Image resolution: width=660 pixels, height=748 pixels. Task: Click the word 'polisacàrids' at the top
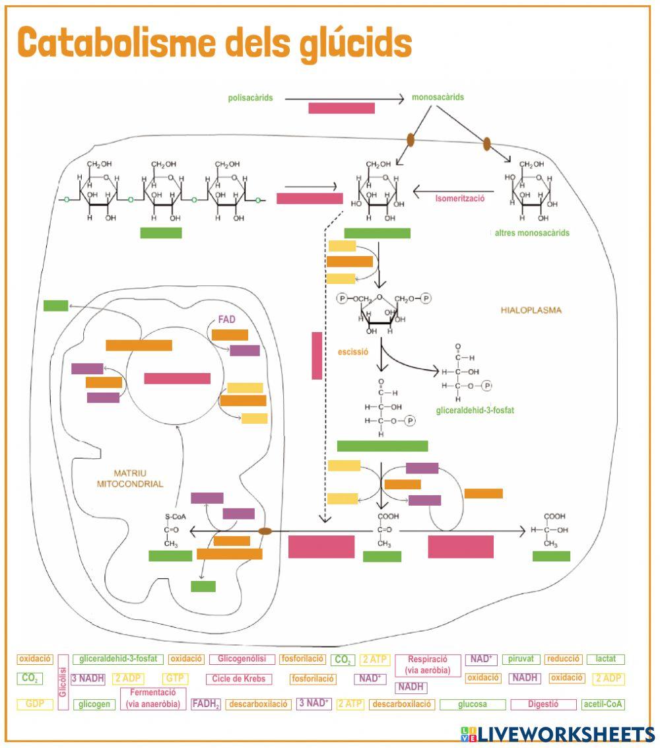pos(250,98)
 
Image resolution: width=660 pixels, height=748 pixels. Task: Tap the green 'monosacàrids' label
pos(438,97)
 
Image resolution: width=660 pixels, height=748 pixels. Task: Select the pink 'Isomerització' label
pos(460,197)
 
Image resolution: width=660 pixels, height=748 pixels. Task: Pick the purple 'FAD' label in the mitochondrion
pos(226,319)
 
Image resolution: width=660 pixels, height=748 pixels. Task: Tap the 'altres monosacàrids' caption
pos(532,233)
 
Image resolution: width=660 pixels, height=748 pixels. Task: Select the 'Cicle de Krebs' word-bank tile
pos(239,679)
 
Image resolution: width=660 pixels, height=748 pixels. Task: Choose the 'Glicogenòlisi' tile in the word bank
pos(242,659)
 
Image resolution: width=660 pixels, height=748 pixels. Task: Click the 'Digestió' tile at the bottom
pos(543,704)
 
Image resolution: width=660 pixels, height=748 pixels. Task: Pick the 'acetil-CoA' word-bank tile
pos(603,704)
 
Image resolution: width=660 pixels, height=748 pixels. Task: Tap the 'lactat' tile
pos(605,659)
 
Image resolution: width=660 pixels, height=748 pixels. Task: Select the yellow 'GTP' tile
pos(175,679)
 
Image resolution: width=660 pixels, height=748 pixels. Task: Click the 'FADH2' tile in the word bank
pos(206,704)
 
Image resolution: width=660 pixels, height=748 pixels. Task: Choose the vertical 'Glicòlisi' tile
pos(63,681)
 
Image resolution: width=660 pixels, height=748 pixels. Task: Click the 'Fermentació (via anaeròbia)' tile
pos(153,698)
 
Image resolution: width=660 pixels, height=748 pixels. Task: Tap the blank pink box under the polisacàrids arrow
pos(341,108)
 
